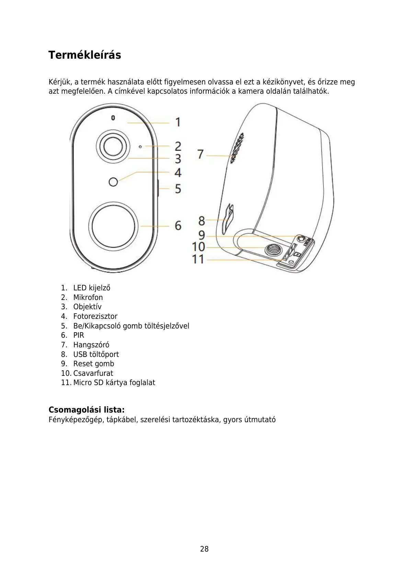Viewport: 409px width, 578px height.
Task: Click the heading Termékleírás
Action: coord(84,55)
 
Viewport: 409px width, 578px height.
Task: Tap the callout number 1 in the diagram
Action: coord(178,122)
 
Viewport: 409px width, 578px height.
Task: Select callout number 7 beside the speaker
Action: coord(201,154)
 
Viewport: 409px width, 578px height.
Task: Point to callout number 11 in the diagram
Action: coord(198,259)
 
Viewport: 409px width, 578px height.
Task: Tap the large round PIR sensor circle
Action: coord(113,226)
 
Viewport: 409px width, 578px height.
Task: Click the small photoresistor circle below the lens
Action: coord(113,182)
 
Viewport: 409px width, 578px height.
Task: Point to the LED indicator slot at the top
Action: coord(113,118)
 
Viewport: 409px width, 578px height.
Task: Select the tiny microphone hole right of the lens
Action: coord(140,147)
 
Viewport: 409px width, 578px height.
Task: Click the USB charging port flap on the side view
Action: coord(228,219)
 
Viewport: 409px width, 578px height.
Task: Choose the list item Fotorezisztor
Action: coord(95,316)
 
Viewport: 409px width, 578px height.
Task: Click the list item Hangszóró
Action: coord(91,345)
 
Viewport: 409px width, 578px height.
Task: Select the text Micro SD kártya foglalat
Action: coord(114,383)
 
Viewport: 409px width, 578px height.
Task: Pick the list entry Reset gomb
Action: coord(93,364)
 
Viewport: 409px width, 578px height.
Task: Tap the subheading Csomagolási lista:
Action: coord(87,410)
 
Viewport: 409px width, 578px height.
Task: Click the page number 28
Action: coord(204,549)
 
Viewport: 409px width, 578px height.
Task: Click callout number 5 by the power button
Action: coord(178,188)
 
